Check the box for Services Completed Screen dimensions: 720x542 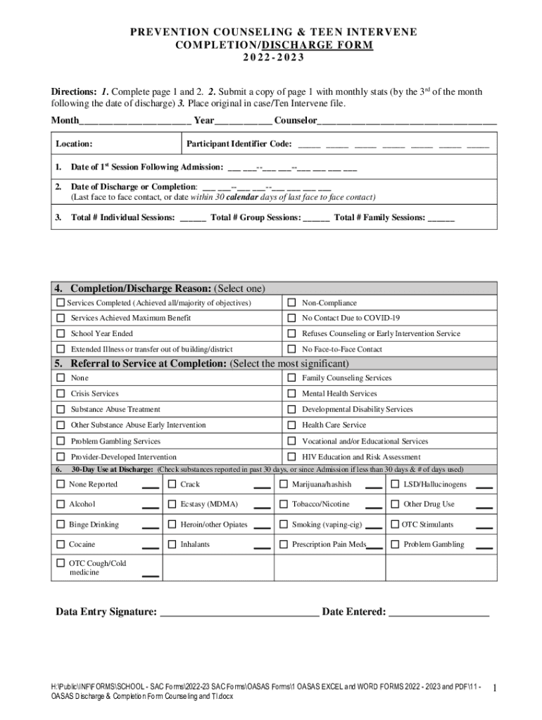click(61, 303)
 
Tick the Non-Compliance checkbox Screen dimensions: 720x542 click(291, 303)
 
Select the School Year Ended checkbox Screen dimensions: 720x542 click(61, 333)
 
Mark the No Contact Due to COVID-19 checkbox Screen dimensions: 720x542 click(291, 319)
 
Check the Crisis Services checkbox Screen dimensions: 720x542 click(61, 394)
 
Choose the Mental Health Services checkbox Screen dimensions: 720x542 click(291, 394)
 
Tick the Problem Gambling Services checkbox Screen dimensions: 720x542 click(61, 442)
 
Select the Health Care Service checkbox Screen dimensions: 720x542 click(291, 425)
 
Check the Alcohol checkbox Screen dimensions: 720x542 click(61, 504)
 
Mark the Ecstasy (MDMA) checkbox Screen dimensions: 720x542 click(172, 504)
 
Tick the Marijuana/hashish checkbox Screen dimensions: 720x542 click(284, 484)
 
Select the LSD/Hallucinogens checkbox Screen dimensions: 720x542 click(395, 484)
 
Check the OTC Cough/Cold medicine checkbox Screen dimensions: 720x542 click(61, 563)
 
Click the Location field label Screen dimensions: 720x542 click(75, 144)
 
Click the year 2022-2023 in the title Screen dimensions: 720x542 click(271, 58)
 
